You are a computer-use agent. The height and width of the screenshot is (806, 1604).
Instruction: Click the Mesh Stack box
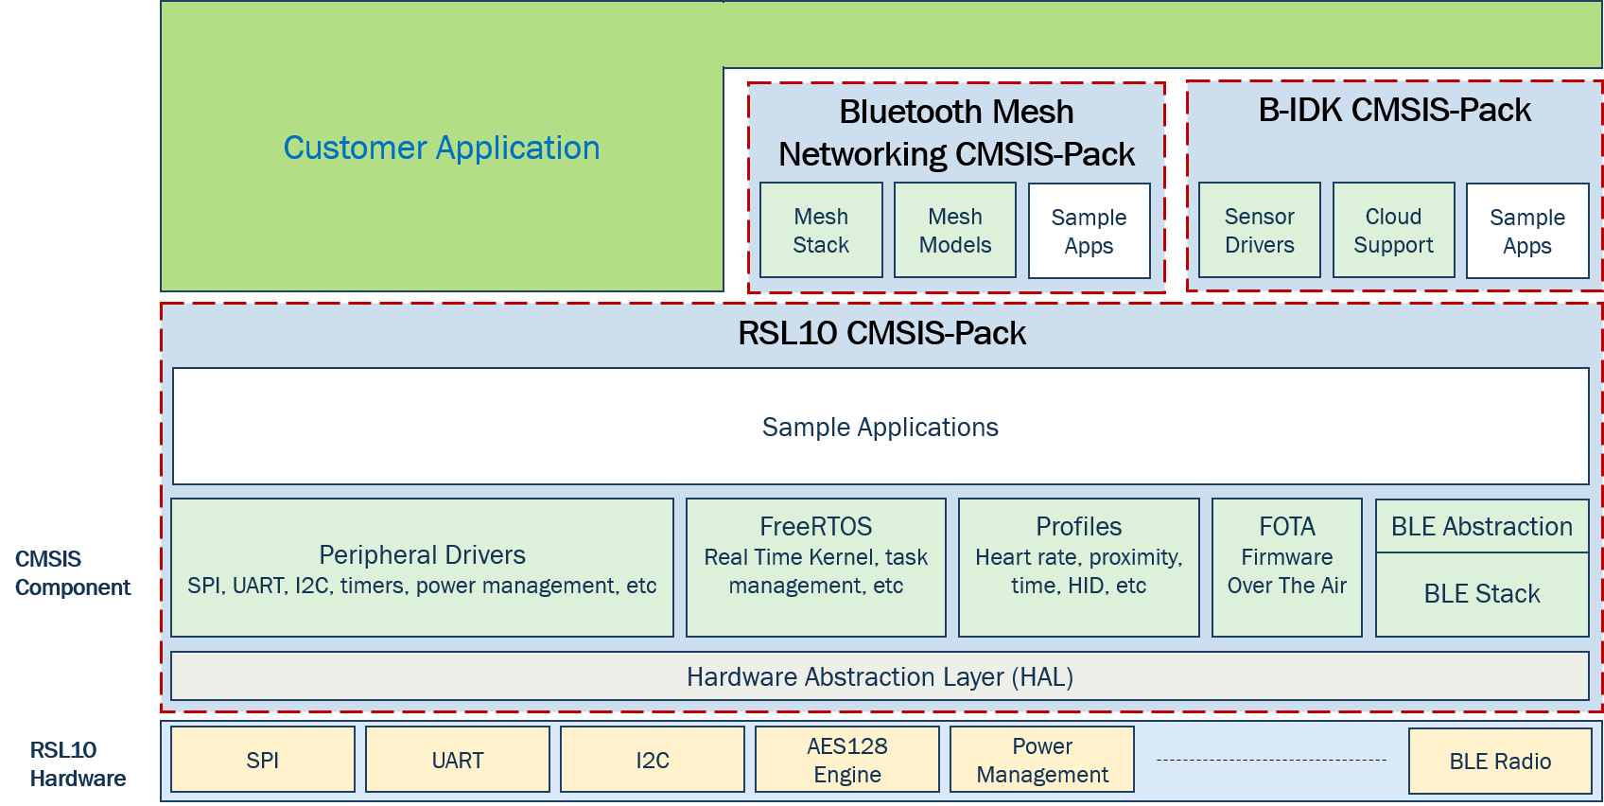[821, 230]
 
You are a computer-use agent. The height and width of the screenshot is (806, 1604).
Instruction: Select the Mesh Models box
[955, 230]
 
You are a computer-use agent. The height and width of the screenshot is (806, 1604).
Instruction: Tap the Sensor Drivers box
[1260, 230]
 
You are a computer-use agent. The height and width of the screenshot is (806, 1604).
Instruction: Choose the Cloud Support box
[1393, 230]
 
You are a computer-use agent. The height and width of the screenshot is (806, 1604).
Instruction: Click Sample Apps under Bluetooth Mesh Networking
[1090, 231]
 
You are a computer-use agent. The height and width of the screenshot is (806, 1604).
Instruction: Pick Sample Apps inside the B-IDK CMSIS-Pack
[1527, 231]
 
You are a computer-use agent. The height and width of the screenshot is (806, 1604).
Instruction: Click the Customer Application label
[441, 149]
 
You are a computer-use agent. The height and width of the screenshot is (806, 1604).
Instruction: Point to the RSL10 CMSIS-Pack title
[881, 333]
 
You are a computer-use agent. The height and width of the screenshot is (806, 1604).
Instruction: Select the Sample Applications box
[880, 427]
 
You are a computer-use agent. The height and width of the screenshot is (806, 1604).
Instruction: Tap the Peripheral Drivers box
[422, 568]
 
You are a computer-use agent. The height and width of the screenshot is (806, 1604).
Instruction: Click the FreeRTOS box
[815, 568]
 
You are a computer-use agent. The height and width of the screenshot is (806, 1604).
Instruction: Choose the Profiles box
[1078, 568]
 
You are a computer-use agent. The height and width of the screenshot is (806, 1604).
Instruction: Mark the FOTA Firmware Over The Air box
[1287, 568]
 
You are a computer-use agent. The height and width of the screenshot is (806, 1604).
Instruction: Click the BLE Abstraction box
[1482, 527]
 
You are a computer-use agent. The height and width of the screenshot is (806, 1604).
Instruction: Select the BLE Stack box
[1482, 594]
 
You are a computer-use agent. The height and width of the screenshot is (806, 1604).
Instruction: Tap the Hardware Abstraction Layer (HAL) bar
[880, 676]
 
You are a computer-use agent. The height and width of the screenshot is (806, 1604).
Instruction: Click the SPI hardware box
[263, 760]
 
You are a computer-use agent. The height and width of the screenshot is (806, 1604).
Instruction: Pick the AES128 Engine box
[847, 760]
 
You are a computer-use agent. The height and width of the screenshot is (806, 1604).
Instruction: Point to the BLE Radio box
[1500, 761]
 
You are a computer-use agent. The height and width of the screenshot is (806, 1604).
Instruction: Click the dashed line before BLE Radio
[1272, 760]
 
